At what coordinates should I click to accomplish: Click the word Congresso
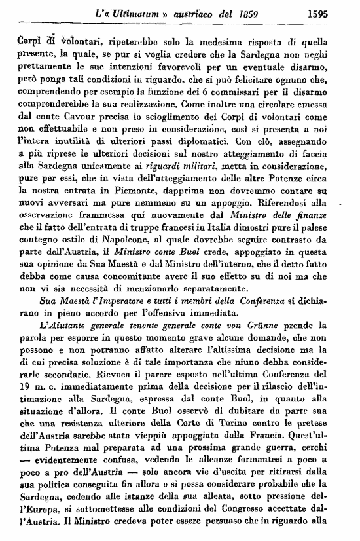pyautogui.click(x=227, y=506)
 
